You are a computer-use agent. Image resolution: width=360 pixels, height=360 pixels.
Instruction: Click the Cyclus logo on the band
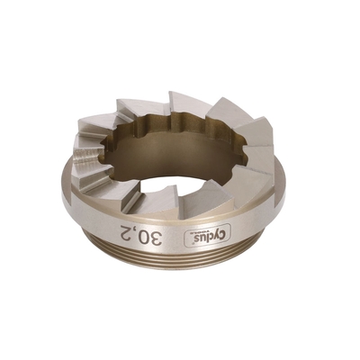(207, 237)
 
